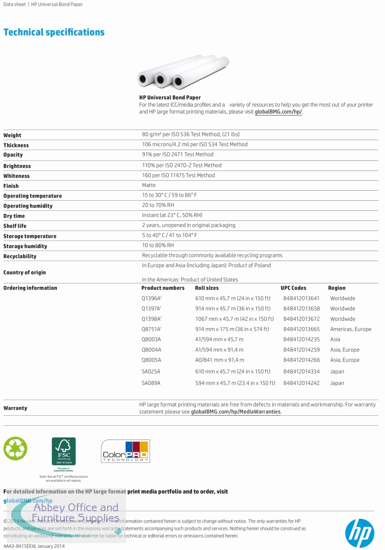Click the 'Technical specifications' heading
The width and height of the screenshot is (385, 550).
point(54,32)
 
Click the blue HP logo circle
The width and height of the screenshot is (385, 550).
point(359,532)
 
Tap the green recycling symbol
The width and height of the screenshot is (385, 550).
point(15,448)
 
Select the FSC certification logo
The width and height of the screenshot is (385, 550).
point(64,452)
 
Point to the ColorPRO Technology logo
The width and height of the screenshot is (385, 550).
point(125,451)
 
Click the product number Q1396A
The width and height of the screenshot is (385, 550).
point(151,298)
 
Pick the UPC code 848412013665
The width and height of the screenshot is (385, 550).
point(301,329)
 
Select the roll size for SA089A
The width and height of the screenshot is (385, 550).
point(235,383)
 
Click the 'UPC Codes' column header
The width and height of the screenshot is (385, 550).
point(293,288)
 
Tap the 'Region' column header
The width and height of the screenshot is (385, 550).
point(336,288)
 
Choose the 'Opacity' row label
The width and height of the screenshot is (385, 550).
point(13,155)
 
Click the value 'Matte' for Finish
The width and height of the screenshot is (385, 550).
point(148,185)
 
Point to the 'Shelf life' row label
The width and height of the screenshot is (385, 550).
point(15,226)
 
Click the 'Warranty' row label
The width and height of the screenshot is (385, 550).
point(15,408)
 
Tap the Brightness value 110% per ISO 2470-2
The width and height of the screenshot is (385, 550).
point(181,165)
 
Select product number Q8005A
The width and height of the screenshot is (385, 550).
point(151,360)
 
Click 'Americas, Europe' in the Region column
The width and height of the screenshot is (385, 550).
point(351,329)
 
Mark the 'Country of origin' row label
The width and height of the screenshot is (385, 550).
point(24,272)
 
